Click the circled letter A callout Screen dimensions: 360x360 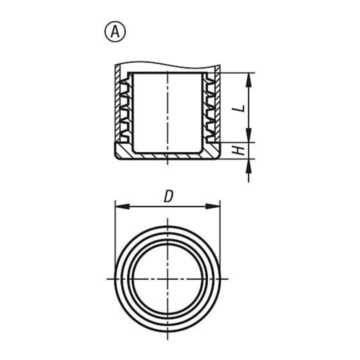coord(115,32)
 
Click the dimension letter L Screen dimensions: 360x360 coord(240,107)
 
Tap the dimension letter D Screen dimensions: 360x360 coord(168,197)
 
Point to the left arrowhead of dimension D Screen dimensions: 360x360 coord(121,206)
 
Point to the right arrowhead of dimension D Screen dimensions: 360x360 coord(212,206)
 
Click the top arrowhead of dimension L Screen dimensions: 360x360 coord(248,80)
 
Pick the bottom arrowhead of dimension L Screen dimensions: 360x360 coord(248,135)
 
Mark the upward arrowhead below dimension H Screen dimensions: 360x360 coord(248,165)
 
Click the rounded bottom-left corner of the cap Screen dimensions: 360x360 coord(116,156)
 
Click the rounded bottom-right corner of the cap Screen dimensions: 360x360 coord(219,156)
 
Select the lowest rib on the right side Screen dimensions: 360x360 coord(211,138)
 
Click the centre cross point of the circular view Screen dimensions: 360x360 coord(168,279)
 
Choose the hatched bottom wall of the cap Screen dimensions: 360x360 coord(167,155)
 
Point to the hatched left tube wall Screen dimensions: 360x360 coord(117,103)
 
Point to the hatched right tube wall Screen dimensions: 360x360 coord(217,103)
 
